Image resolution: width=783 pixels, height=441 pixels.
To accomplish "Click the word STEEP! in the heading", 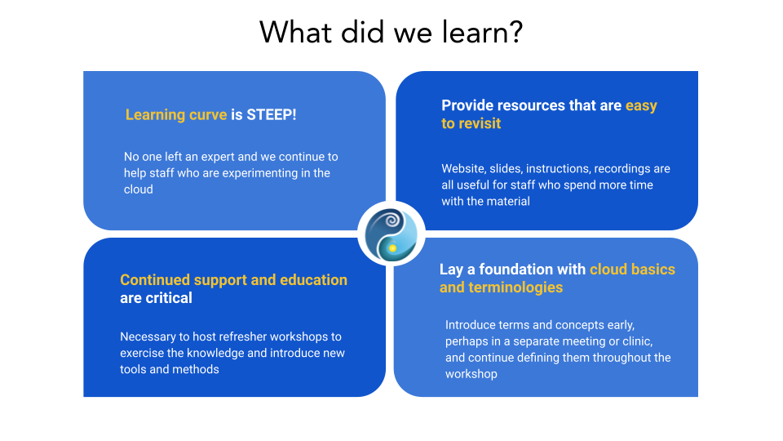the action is (x=271, y=114).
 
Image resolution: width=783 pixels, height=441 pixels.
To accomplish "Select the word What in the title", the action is (x=295, y=33).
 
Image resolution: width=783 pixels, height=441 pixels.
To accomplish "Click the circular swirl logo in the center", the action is (x=391, y=234).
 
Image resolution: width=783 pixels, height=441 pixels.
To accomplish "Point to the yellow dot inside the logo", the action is (x=393, y=248).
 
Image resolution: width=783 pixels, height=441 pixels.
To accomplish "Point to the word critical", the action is (x=169, y=298).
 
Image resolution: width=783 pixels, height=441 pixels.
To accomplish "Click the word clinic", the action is (x=636, y=341).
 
